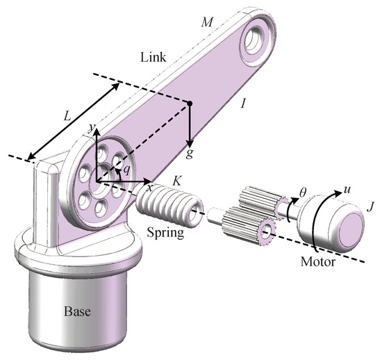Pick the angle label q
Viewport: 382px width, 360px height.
pos(126,169)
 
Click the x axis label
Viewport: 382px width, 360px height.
pos(149,188)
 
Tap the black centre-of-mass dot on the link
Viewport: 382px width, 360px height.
pos(189,104)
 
